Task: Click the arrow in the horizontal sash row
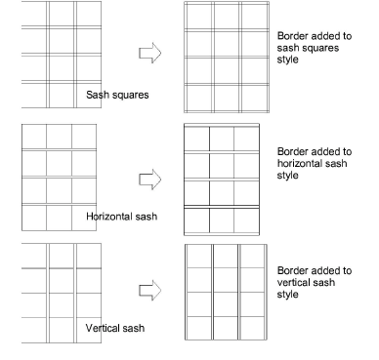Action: click(x=147, y=178)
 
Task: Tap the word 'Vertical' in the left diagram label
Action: click(x=104, y=328)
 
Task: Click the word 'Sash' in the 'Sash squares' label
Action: click(x=99, y=95)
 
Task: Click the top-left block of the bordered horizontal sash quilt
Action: click(x=196, y=139)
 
